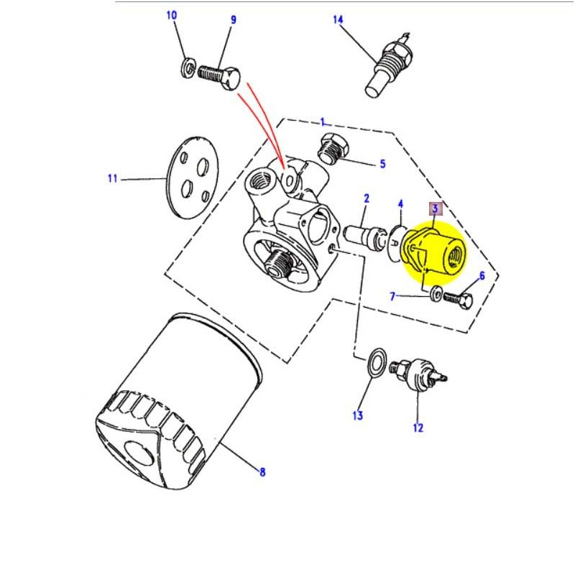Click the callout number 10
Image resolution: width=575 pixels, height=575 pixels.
point(171,16)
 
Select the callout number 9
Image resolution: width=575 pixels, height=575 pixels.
point(233,20)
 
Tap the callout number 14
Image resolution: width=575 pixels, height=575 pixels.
point(339,19)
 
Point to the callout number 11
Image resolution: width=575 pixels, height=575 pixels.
point(113,178)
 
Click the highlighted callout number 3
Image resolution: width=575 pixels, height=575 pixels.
point(434,209)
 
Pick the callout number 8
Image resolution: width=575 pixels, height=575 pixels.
point(262,472)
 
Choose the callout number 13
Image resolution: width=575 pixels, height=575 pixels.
point(358,415)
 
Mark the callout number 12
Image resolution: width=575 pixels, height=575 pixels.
point(418,428)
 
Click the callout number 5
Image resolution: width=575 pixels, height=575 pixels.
point(383,164)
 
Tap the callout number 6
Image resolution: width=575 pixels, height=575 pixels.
point(482,275)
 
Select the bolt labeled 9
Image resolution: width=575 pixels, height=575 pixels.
point(218,75)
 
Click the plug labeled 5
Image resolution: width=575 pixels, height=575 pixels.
point(332,147)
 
